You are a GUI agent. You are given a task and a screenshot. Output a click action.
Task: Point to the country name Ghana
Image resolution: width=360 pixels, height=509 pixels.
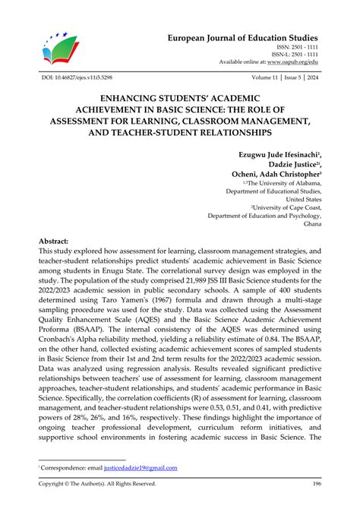point(309,225)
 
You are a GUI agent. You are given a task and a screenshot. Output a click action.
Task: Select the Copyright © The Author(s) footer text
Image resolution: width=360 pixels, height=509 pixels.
point(96,484)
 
